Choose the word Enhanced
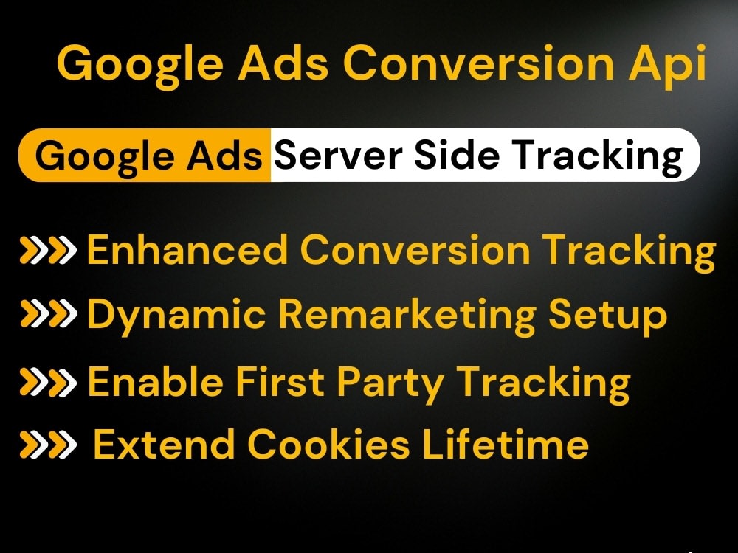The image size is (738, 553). (x=187, y=251)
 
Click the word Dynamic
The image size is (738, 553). (x=176, y=315)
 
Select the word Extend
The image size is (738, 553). (x=164, y=445)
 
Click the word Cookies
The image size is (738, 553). (x=328, y=445)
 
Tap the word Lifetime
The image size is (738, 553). (x=506, y=445)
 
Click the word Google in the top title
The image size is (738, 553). (x=141, y=64)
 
